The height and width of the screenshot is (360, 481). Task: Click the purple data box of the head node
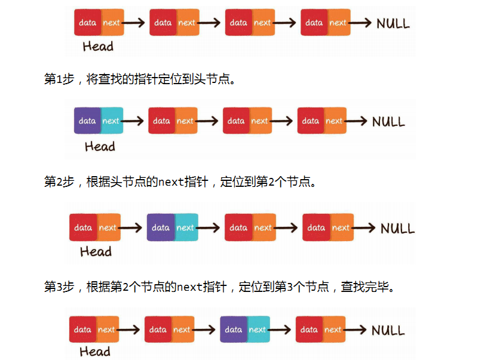click(87, 121)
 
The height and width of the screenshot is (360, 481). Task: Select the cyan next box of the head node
click(111, 121)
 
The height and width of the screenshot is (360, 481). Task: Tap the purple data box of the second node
click(161, 227)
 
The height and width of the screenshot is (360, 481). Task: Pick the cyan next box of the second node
click(185, 227)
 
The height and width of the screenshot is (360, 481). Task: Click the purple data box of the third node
click(234, 330)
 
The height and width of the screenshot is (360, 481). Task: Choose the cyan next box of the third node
click(258, 330)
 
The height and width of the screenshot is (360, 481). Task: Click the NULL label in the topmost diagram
click(393, 24)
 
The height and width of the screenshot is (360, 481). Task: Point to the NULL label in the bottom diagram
click(388, 330)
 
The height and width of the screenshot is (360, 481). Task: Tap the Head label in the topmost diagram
click(98, 46)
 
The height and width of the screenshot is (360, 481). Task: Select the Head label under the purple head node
click(100, 146)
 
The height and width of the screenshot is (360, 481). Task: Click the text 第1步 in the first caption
click(59, 79)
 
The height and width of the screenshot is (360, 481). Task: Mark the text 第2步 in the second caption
click(59, 182)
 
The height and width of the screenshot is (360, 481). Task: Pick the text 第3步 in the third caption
click(59, 287)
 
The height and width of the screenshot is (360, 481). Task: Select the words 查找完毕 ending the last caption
click(367, 287)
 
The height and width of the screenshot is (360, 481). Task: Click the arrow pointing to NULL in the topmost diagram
click(361, 23)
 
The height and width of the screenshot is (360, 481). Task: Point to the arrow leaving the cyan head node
click(133, 121)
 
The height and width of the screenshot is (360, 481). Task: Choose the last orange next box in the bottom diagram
click(333, 330)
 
